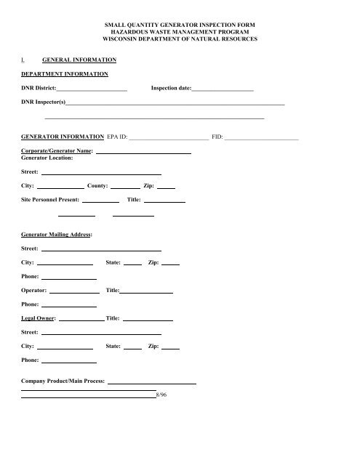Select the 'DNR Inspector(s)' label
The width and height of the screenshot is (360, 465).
43,103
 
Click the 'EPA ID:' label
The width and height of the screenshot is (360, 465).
117,136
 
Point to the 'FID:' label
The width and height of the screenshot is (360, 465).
217,136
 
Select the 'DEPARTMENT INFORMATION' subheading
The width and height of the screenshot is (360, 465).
65,74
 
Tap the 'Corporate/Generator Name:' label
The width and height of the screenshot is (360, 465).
57,151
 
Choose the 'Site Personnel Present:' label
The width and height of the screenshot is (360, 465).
49,200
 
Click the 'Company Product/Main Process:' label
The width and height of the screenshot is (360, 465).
63,381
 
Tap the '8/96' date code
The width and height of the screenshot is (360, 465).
161,396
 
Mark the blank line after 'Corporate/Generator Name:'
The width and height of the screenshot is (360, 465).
143,153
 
